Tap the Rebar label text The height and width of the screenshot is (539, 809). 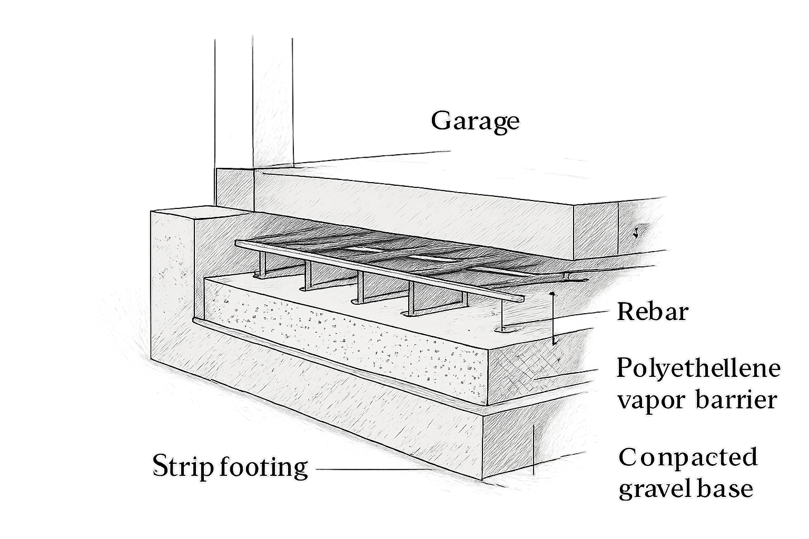tap(653, 312)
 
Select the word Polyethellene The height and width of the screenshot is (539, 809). tap(698, 368)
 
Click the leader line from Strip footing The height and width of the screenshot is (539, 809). tap(374, 470)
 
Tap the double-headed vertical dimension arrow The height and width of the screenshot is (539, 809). tap(552, 318)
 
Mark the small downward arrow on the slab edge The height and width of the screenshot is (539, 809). tap(635, 234)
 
